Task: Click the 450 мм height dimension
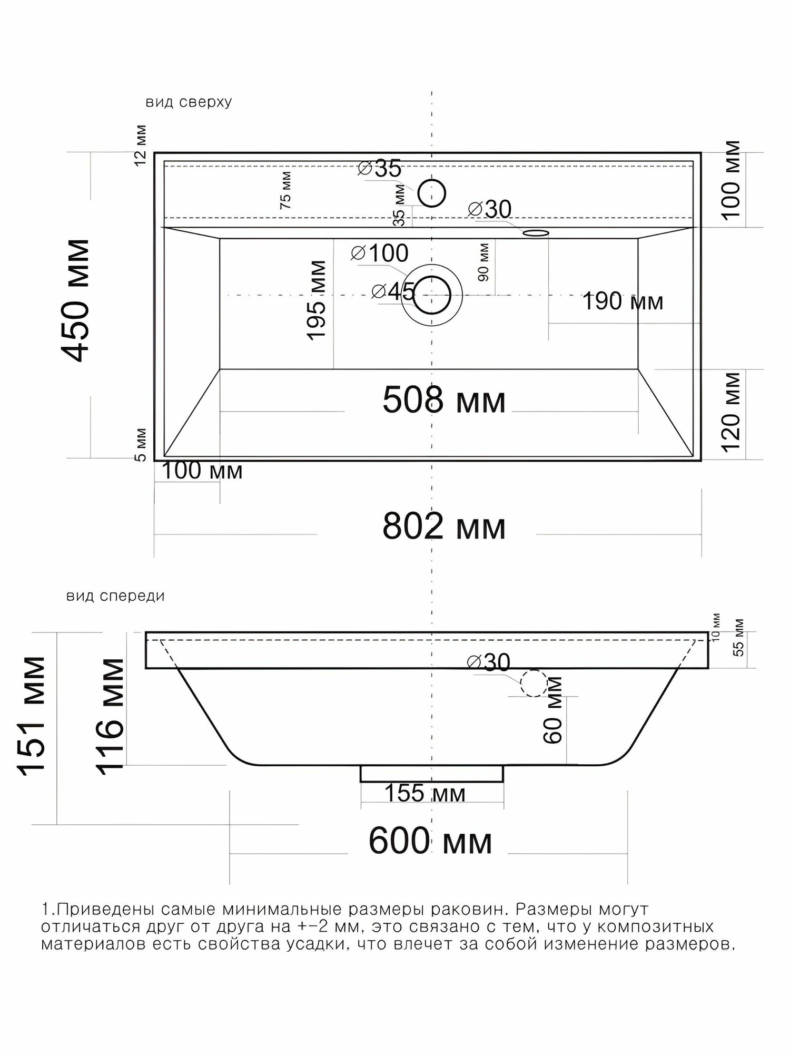coord(75,300)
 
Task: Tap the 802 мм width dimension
coord(444,526)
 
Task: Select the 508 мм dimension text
coord(444,400)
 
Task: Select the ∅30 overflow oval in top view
coord(536,232)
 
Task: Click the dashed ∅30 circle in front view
coord(534,683)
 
